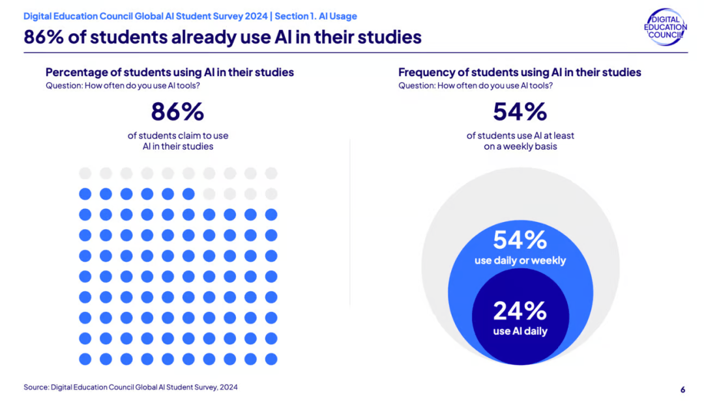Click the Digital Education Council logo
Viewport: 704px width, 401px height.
(x=664, y=27)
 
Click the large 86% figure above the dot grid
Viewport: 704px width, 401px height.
(x=177, y=112)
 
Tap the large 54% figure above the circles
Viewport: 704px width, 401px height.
(x=520, y=112)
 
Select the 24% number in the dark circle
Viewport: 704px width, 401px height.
(x=520, y=311)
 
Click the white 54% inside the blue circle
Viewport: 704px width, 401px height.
(x=520, y=240)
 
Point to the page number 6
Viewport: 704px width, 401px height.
(x=682, y=389)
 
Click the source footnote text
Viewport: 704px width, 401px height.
(x=130, y=387)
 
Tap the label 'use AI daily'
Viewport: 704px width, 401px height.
(x=520, y=331)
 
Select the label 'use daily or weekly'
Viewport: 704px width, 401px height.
(x=520, y=260)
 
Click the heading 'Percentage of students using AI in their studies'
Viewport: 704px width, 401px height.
(x=169, y=72)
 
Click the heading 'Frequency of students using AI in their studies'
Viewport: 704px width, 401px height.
(x=520, y=72)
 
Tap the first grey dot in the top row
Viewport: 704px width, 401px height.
(x=85, y=173)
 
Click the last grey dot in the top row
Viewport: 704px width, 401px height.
(x=271, y=173)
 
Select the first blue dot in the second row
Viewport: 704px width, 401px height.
(x=85, y=193)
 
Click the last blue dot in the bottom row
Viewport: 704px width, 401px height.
(x=271, y=359)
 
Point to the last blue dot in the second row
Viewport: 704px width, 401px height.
(x=188, y=193)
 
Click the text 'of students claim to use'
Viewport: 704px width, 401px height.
(x=177, y=135)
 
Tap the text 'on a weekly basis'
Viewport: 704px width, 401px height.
(x=520, y=146)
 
